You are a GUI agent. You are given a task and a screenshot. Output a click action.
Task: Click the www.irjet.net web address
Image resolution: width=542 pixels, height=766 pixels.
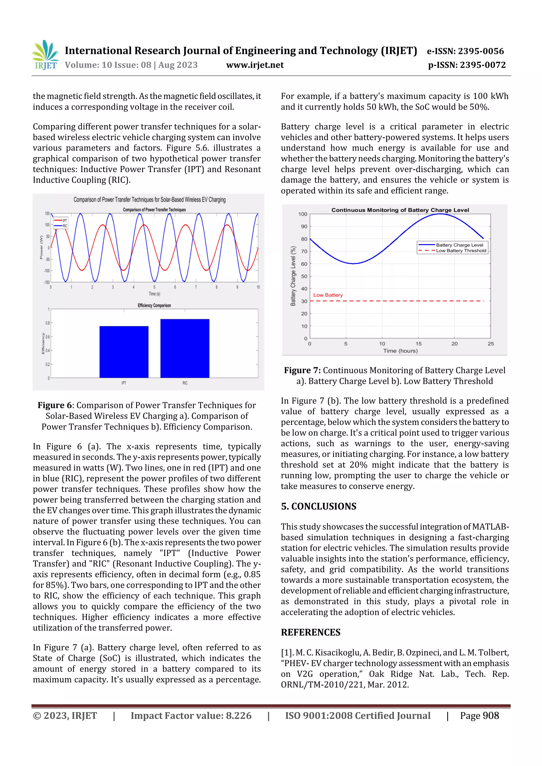click(x=255, y=65)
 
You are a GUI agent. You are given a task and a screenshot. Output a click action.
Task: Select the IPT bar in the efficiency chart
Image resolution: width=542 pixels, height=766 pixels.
click(x=124, y=352)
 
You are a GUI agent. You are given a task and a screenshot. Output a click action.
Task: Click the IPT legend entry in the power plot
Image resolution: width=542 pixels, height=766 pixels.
click(x=61, y=221)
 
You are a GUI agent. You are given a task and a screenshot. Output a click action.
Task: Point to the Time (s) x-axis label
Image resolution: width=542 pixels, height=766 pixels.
click(x=154, y=294)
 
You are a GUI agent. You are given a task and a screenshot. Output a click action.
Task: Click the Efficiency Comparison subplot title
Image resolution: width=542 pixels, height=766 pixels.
click(x=154, y=305)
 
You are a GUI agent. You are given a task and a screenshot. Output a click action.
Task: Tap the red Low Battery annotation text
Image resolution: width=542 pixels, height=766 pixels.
click(x=328, y=295)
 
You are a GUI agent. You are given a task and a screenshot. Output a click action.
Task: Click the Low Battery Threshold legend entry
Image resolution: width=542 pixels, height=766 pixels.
click(x=461, y=251)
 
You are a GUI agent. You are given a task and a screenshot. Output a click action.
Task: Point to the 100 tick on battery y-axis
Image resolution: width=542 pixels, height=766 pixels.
click(x=302, y=214)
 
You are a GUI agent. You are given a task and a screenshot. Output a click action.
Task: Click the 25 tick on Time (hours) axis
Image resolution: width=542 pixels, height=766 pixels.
click(x=490, y=344)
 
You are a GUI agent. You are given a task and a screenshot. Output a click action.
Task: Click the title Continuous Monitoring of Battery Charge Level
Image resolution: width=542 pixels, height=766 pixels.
click(x=400, y=210)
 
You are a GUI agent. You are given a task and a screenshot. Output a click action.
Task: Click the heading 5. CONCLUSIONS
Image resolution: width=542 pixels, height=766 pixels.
click(x=319, y=506)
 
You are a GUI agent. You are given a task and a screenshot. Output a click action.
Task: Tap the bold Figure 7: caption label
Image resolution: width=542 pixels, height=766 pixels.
click(x=302, y=370)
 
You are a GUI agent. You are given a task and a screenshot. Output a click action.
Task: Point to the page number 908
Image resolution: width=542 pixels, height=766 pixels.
click(x=491, y=715)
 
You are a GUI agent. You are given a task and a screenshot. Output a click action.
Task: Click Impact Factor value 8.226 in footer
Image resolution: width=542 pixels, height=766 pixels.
click(x=191, y=715)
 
